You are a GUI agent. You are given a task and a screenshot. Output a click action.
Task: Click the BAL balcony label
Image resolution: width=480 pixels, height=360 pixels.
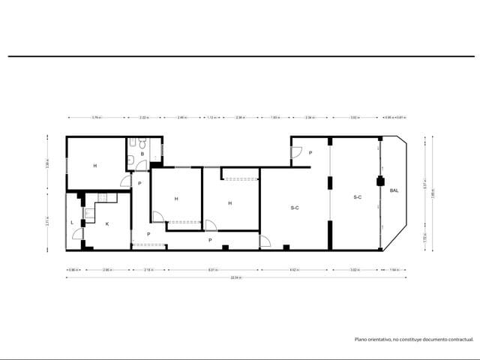[394, 190]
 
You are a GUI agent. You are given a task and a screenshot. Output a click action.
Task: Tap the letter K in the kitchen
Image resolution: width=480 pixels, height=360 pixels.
[106, 223]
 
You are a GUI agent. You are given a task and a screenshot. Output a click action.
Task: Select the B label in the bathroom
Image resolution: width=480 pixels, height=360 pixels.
[142, 154]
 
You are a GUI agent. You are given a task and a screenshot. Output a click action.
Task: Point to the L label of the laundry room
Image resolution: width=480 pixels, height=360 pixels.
[72, 223]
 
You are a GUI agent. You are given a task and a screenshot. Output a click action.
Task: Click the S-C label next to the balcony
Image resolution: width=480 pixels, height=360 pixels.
[358, 197]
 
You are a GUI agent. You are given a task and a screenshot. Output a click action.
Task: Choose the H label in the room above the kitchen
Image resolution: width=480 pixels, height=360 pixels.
[95, 165]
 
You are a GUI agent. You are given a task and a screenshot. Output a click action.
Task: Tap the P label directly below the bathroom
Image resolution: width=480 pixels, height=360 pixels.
[139, 183]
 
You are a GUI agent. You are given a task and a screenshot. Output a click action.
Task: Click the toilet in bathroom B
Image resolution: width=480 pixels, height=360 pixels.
[131, 143]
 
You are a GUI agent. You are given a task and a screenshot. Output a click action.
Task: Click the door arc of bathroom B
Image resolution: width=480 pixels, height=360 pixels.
[126, 181]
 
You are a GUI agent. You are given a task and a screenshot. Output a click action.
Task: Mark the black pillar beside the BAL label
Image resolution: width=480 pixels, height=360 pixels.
[379, 181]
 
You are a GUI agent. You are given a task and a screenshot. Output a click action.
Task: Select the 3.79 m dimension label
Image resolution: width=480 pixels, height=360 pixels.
[96, 118]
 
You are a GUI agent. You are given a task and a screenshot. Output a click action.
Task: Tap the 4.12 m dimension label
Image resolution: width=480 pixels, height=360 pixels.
[295, 269]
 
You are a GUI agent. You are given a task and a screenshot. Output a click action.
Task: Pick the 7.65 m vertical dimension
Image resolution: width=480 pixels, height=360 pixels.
[432, 190]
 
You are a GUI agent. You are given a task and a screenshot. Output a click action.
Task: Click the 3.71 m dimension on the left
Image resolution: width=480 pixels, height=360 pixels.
[46, 221]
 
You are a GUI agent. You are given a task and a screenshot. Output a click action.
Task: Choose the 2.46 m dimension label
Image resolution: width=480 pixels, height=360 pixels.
[181, 118]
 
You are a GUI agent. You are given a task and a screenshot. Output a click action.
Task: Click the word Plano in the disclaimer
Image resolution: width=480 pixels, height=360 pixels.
[361, 340]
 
